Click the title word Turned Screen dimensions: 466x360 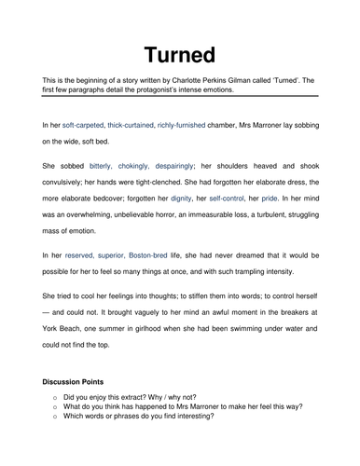click(179, 51)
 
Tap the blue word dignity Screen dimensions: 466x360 click(187, 198)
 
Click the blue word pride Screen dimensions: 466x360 click(298, 198)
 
